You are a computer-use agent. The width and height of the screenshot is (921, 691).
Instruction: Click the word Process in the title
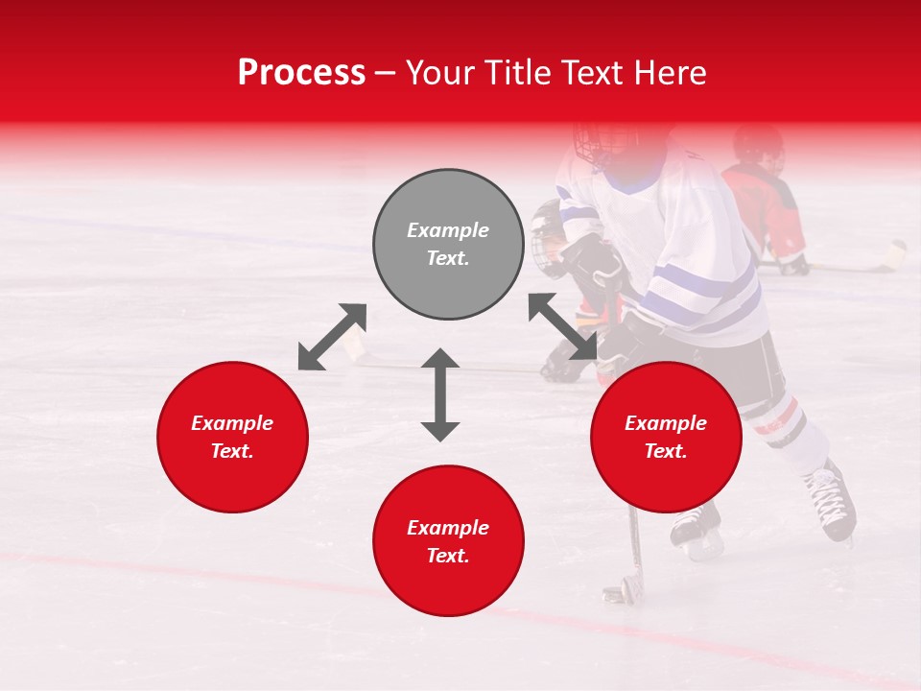pos(301,73)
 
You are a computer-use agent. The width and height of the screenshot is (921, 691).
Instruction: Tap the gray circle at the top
pos(448,244)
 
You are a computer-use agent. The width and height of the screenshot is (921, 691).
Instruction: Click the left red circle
pos(232,437)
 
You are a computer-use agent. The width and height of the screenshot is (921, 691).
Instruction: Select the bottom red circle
pos(448,540)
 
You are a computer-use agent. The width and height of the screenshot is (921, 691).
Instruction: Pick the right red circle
pos(666,437)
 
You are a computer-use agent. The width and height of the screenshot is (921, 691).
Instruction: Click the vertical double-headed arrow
pos(440,394)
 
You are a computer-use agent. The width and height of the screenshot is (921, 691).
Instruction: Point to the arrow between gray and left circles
pos(332,337)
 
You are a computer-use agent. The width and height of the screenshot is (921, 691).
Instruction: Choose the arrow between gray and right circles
pos(562,326)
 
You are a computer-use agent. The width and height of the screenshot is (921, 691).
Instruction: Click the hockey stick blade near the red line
pos(618,587)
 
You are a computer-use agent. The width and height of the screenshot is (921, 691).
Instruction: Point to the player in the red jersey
pos(766,206)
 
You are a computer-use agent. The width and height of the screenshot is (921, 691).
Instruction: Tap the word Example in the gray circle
pos(448,230)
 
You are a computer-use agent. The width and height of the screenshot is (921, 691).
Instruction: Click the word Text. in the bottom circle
pos(448,556)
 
